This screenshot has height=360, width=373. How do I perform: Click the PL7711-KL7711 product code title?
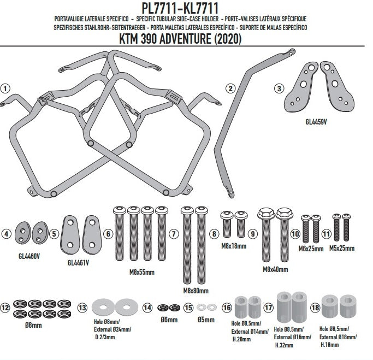pos(180,8)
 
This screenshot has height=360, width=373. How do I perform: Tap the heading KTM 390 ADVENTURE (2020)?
pos(180,39)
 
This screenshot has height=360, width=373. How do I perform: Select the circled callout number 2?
pos(230,88)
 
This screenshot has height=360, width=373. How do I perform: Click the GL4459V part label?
pos(316,122)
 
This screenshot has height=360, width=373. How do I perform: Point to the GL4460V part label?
pos(29,256)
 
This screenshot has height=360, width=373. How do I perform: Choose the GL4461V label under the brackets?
pos(78,263)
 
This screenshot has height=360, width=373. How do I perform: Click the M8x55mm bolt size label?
pos(142,272)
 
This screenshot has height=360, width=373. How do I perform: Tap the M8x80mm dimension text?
pos(196,291)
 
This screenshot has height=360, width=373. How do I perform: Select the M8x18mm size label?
pos(234,246)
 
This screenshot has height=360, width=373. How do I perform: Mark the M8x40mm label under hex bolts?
pos(275,269)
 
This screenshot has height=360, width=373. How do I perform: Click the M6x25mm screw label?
pos(311,249)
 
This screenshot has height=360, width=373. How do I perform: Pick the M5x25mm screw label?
pos(342,248)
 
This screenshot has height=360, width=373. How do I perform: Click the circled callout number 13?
pos(82,308)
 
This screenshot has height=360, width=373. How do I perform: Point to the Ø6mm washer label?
pos(169,320)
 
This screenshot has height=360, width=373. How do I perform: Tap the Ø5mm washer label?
pos(206,320)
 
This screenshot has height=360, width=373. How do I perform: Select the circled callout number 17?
pos(268,308)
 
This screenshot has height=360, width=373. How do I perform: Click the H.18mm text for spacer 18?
pos(329,345)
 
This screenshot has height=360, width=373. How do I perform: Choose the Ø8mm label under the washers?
pos(33,325)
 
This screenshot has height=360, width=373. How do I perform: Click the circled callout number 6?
pos(108,234)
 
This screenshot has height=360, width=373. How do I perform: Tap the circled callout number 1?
pos(5,88)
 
